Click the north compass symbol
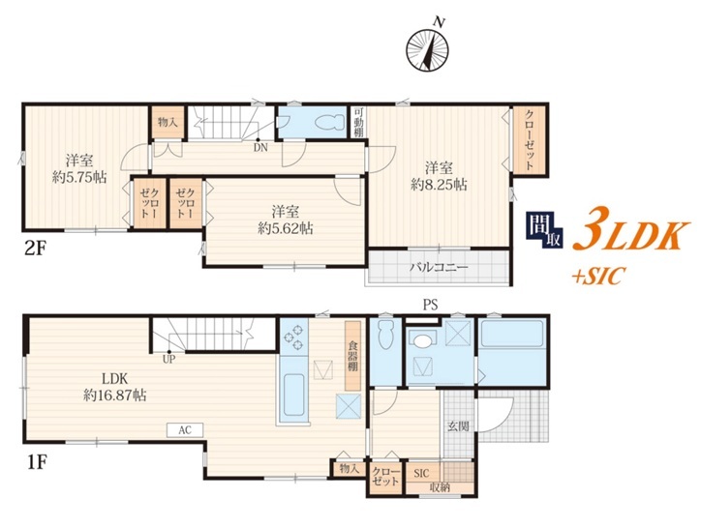pyautogui.click(x=427, y=48)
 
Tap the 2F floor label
pyautogui.click(x=36, y=248)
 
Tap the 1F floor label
pyautogui.click(x=36, y=462)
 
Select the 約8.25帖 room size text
pyautogui.click(x=439, y=184)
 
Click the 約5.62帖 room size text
pyautogui.click(x=286, y=228)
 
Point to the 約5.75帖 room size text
pyautogui.click(x=79, y=177)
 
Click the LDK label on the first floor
pyautogui.click(x=115, y=379)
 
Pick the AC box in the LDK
pyautogui.click(x=185, y=430)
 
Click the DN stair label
pyautogui.click(x=260, y=147)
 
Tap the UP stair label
pyautogui.click(x=169, y=358)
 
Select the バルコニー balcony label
pyautogui.click(x=439, y=267)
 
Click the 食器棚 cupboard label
pyautogui.click(x=352, y=356)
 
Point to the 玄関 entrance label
pyautogui.click(x=459, y=425)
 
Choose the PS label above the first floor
pyautogui.click(x=430, y=305)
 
